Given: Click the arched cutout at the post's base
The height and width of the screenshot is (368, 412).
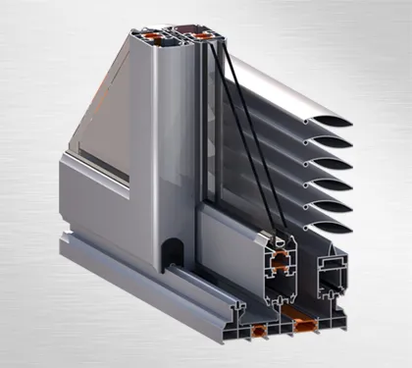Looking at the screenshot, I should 170,250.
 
